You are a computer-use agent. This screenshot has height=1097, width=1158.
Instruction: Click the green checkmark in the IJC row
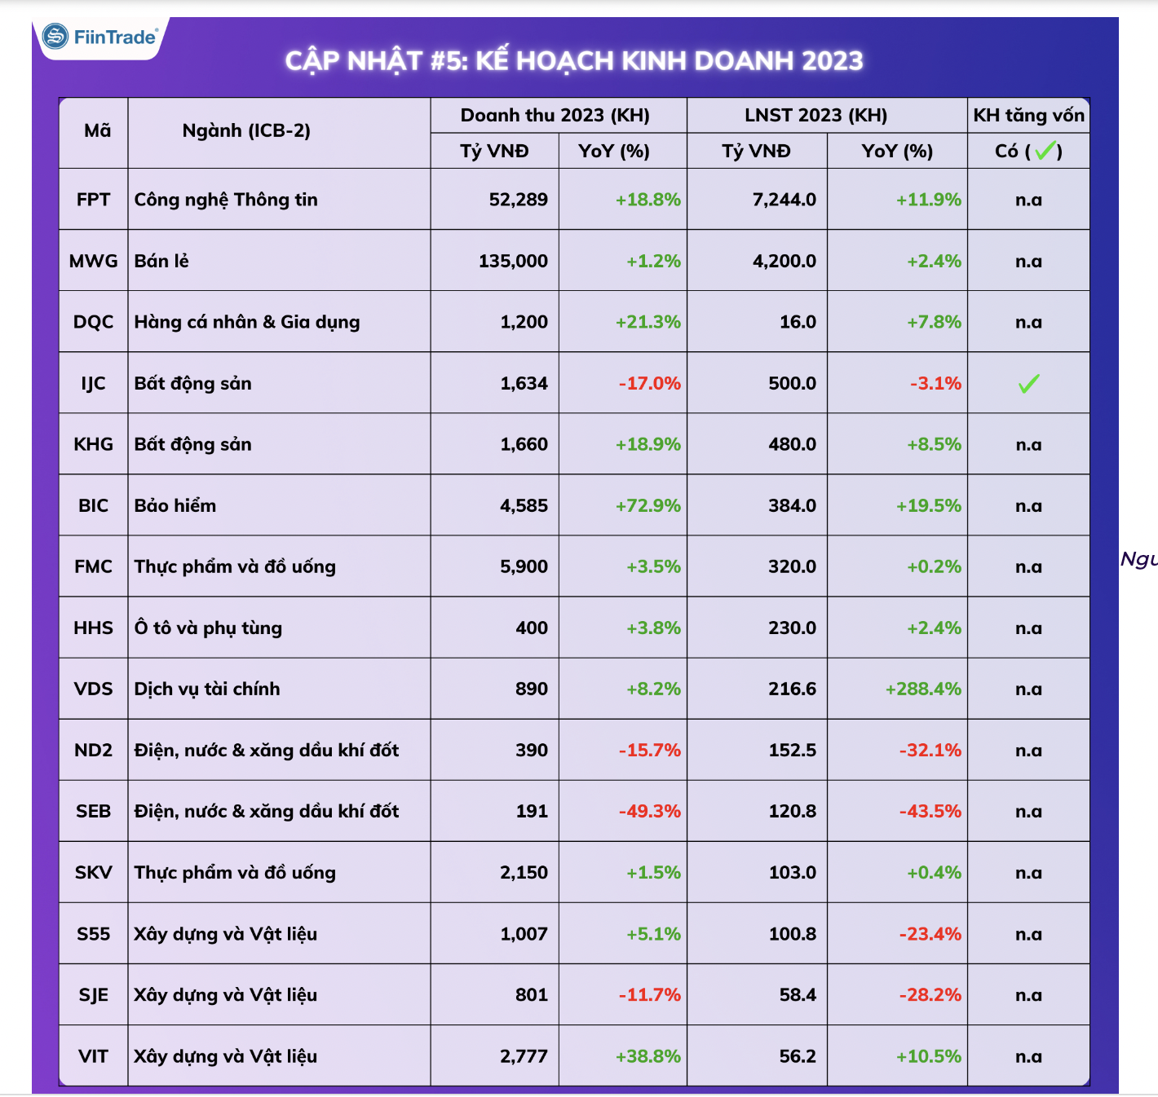coord(1028,383)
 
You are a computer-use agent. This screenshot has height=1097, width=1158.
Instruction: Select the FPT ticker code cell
coord(93,200)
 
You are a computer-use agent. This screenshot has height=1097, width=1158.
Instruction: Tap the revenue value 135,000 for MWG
coord(513,261)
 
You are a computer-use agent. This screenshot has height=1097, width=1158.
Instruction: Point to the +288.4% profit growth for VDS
coord(923,689)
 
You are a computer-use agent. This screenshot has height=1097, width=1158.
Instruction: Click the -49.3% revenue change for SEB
coord(649,811)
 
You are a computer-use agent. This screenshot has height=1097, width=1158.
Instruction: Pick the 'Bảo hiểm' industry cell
coord(175,505)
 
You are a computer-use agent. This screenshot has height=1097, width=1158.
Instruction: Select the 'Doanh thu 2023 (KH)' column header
coord(555,115)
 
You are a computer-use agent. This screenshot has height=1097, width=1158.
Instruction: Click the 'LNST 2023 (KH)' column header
coord(815,115)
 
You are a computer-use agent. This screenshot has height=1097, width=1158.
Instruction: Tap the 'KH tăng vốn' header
coord(1028,115)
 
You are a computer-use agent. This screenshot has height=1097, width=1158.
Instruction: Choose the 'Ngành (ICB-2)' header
coord(246,130)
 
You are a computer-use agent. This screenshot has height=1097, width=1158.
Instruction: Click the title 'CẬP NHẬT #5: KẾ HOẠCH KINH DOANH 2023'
coord(574,61)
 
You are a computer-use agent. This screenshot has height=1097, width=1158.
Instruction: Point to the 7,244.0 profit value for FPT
coord(784,200)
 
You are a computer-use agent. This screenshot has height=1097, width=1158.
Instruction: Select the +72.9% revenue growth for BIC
coord(648,505)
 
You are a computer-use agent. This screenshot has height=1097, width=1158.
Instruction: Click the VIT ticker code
coord(93,1056)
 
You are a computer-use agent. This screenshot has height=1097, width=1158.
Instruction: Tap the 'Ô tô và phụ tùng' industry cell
coord(208,628)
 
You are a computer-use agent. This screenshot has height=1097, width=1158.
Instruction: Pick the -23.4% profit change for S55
coord(930,934)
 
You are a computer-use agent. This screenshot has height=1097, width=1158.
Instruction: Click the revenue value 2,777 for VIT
coord(524,1056)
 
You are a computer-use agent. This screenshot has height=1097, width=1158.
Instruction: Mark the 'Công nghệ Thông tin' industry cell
coord(226,200)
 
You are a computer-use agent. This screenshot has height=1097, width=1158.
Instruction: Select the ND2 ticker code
coord(93,750)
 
